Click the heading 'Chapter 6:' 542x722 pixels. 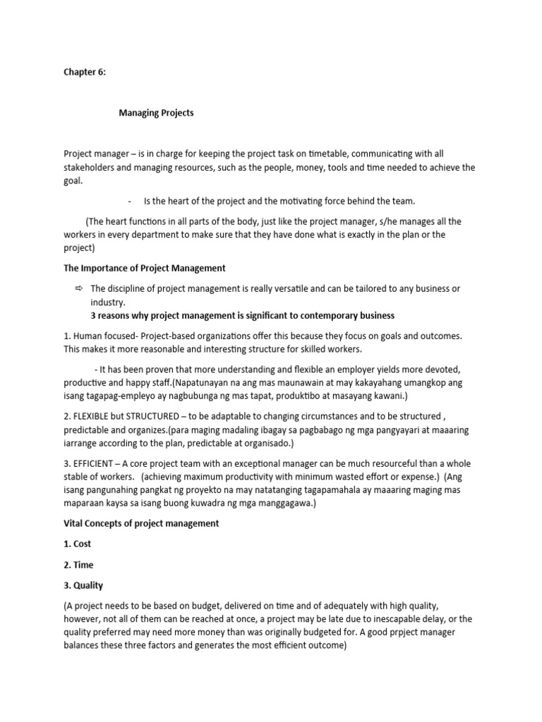85,72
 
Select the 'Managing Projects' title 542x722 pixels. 156,113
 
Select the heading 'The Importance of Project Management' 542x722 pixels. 145,268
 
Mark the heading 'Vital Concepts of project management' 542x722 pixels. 141,523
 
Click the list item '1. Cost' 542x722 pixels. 78,544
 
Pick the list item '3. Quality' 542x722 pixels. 83,585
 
